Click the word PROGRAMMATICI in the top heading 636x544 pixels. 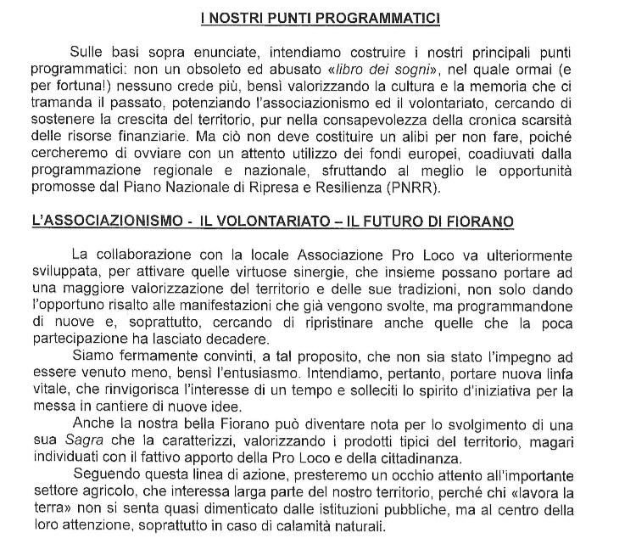coord(388,18)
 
